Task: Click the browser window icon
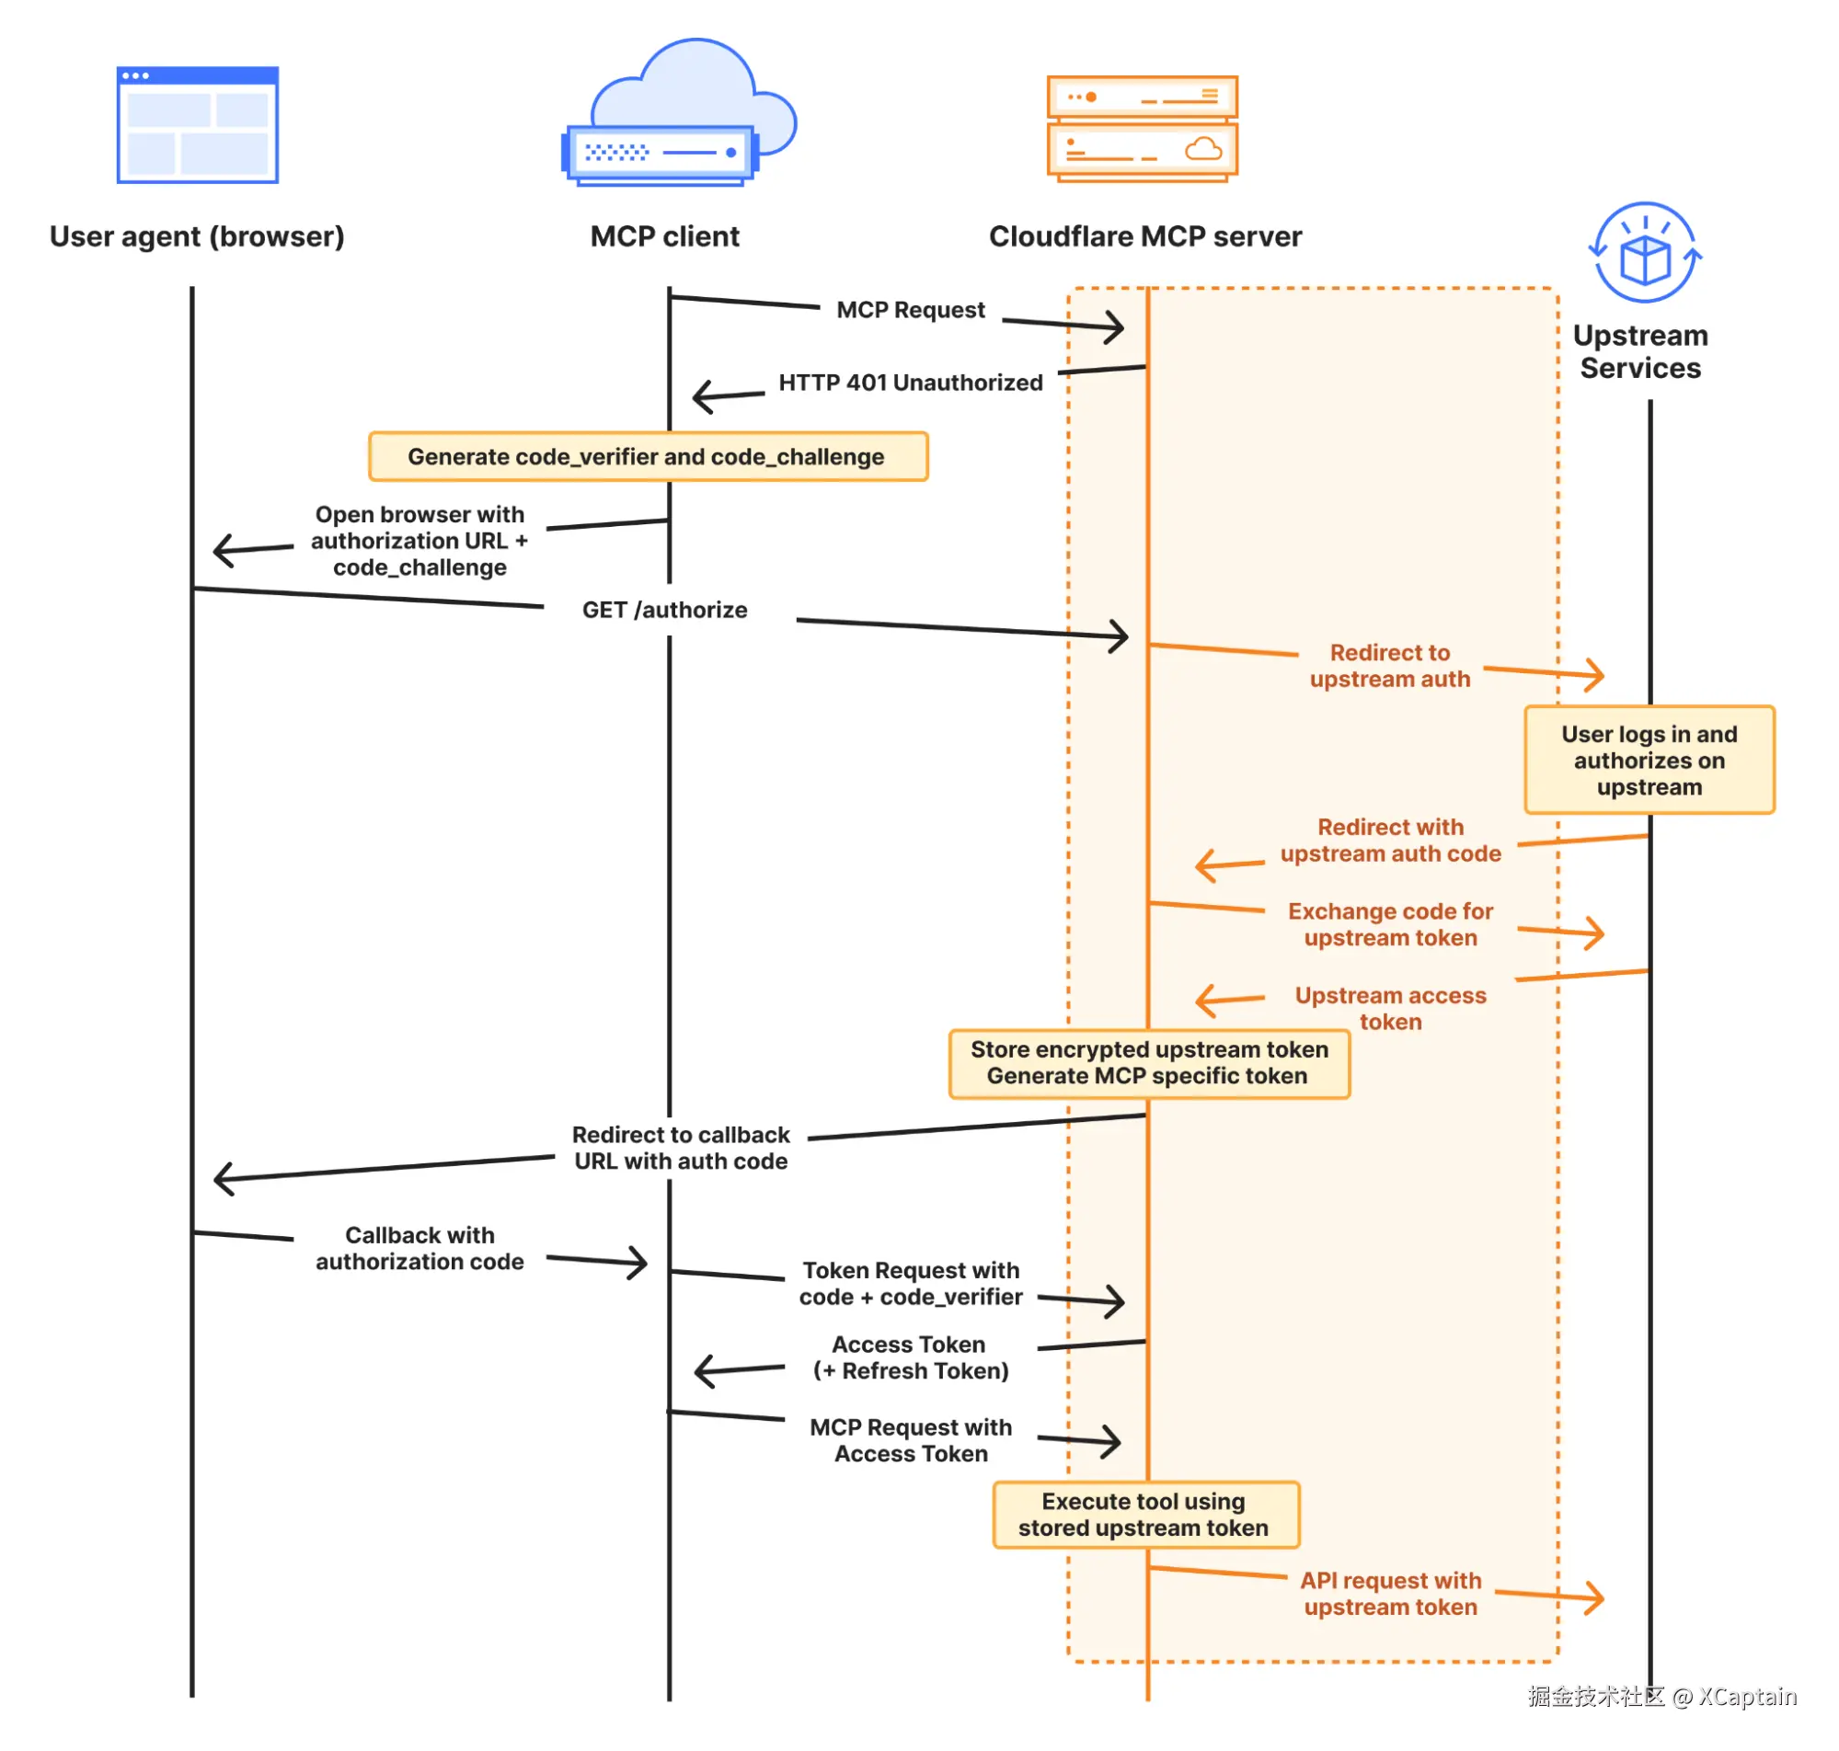pos(197,124)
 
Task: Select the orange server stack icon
pos(1142,128)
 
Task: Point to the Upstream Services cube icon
pos(1644,252)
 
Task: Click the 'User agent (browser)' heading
pos(197,237)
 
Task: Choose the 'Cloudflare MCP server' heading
pos(1144,236)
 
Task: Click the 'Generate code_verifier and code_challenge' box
pos(648,456)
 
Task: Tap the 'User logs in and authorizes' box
pos(1649,760)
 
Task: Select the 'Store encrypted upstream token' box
pos(1148,1063)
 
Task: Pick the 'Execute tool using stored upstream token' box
pos(1145,1514)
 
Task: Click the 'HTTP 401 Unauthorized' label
pos(910,383)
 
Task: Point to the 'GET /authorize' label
pos(664,610)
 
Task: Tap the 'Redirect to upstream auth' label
pos(1389,666)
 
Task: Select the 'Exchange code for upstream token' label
pos(1390,924)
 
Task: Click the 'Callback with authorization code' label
pos(420,1248)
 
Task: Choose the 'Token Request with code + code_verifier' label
pos(910,1284)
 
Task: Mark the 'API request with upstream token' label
pos(1390,1593)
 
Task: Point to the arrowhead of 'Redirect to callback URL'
pos(224,1178)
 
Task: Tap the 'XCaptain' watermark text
pos(1747,1696)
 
